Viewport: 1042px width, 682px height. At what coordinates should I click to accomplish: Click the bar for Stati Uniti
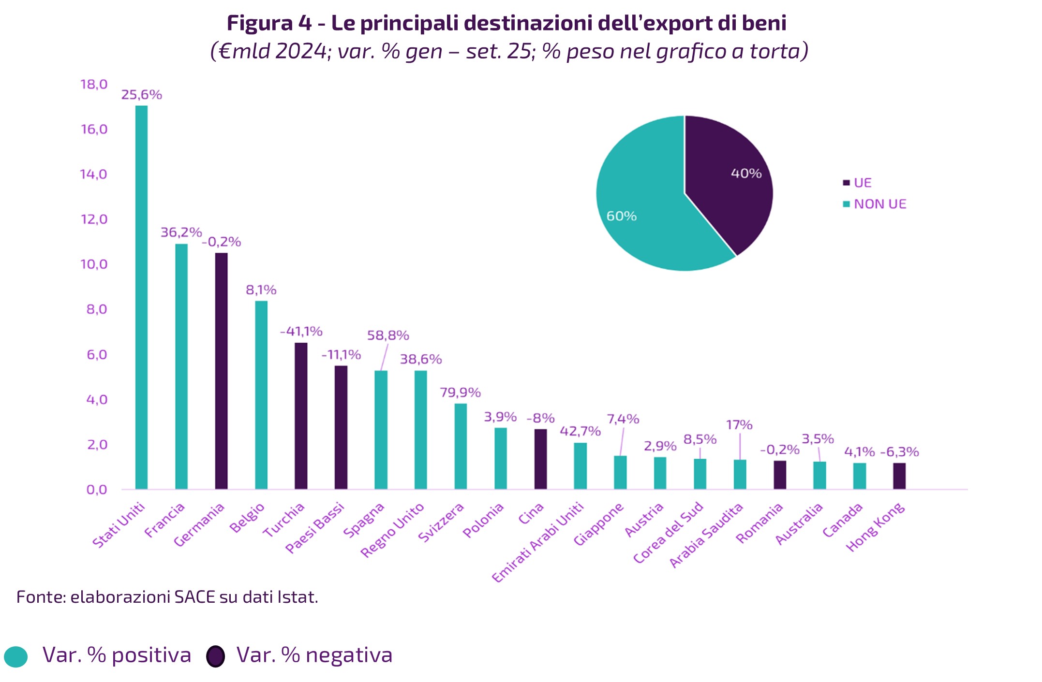click(141, 297)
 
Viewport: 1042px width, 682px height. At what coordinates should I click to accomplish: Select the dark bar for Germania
click(221, 371)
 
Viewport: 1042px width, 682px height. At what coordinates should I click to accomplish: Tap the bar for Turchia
click(301, 416)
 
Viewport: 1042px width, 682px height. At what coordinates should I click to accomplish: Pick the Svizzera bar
click(461, 446)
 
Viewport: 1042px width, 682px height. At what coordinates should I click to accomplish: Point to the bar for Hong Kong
click(899, 476)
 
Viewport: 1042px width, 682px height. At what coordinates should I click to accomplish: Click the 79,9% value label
click(460, 392)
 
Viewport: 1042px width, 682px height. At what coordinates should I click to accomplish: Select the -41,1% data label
click(301, 332)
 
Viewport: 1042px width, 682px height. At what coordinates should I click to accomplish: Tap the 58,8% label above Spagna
click(388, 335)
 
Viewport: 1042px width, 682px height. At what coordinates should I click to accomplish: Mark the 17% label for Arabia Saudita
click(739, 425)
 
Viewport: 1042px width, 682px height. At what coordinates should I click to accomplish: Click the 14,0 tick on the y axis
click(93, 174)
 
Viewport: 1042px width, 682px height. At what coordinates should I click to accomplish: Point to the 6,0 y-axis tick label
click(97, 355)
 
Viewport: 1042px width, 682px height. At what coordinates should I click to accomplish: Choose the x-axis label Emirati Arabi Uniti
click(538, 542)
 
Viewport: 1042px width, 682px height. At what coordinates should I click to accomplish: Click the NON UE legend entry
click(879, 204)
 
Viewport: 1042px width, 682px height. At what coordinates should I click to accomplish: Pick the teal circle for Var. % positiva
click(15, 656)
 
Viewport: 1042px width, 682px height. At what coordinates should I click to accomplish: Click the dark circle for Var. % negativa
click(215, 656)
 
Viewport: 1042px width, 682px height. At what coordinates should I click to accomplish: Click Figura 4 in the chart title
click(269, 23)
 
